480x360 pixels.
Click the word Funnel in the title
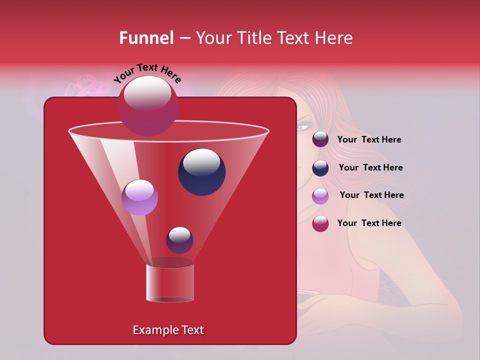(x=146, y=38)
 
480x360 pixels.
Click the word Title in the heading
(x=252, y=38)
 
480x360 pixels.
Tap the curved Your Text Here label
(x=147, y=73)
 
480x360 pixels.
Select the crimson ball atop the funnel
(x=148, y=106)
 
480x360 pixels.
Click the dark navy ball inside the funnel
(x=201, y=171)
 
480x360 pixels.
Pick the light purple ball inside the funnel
(x=139, y=197)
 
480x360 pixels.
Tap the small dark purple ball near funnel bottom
(x=179, y=240)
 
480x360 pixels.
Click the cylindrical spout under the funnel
(x=170, y=283)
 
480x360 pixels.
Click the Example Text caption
(x=168, y=330)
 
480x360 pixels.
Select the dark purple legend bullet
(x=320, y=139)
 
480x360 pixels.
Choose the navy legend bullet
(x=320, y=167)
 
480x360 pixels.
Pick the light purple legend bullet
(x=320, y=195)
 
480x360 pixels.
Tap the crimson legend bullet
(x=320, y=223)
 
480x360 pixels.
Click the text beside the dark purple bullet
(x=369, y=140)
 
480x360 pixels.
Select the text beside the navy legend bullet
(x=370, y=168)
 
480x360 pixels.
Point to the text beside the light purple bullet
(x=371, y=195)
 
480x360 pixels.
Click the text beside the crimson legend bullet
(x=369, y=223)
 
